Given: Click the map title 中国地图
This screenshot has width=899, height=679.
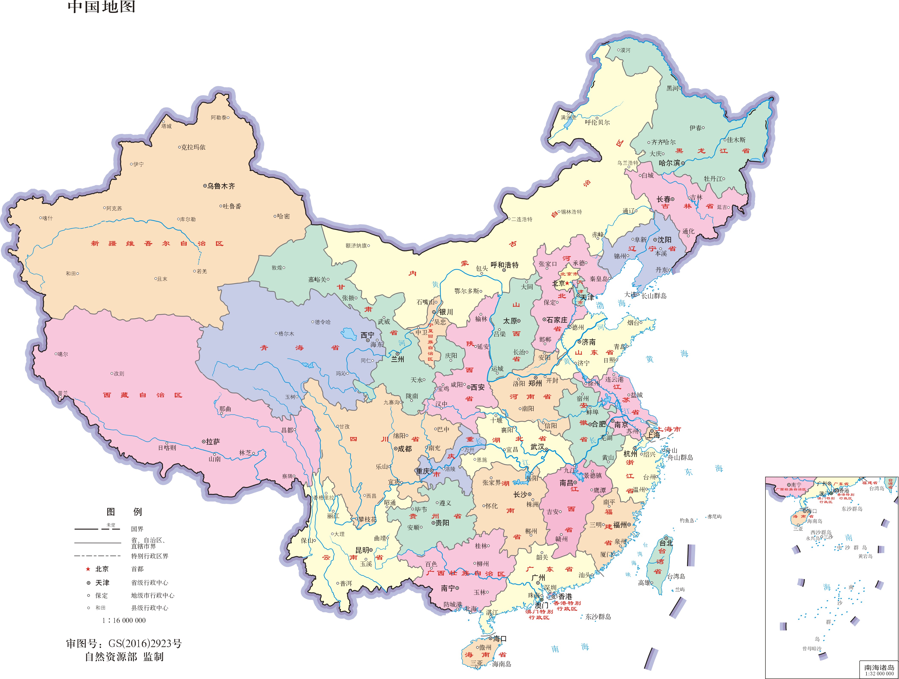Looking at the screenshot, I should click(x=101, y=7).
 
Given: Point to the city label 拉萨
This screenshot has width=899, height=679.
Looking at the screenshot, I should click(x=213, y=441).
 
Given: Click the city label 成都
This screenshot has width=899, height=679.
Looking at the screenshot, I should click(x=404, y=449).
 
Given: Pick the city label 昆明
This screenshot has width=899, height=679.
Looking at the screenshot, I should click(x=362, y=550).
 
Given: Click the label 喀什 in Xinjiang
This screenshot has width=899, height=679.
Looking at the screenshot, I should click(x=48, y=218).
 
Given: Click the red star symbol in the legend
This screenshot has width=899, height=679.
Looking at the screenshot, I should click(x=88, y=569).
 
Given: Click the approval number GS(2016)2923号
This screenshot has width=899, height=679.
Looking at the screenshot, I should click(x=145, y=644).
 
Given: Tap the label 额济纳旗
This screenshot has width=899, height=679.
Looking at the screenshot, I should click(x=356, y=246).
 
